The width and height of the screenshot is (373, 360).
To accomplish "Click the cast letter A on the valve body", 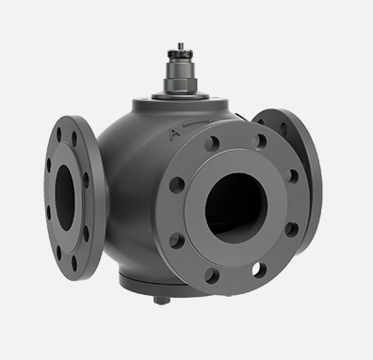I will pyautogui.click(x=174, y=136).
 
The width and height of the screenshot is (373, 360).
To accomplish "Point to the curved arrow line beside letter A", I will pyautogui.click(x=198, y=122).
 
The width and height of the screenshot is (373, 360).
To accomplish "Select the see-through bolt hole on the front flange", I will pyautogui.click(x=256, y=269).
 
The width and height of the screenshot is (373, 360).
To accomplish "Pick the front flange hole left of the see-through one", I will pyautogui.click(x=213, y=275).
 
